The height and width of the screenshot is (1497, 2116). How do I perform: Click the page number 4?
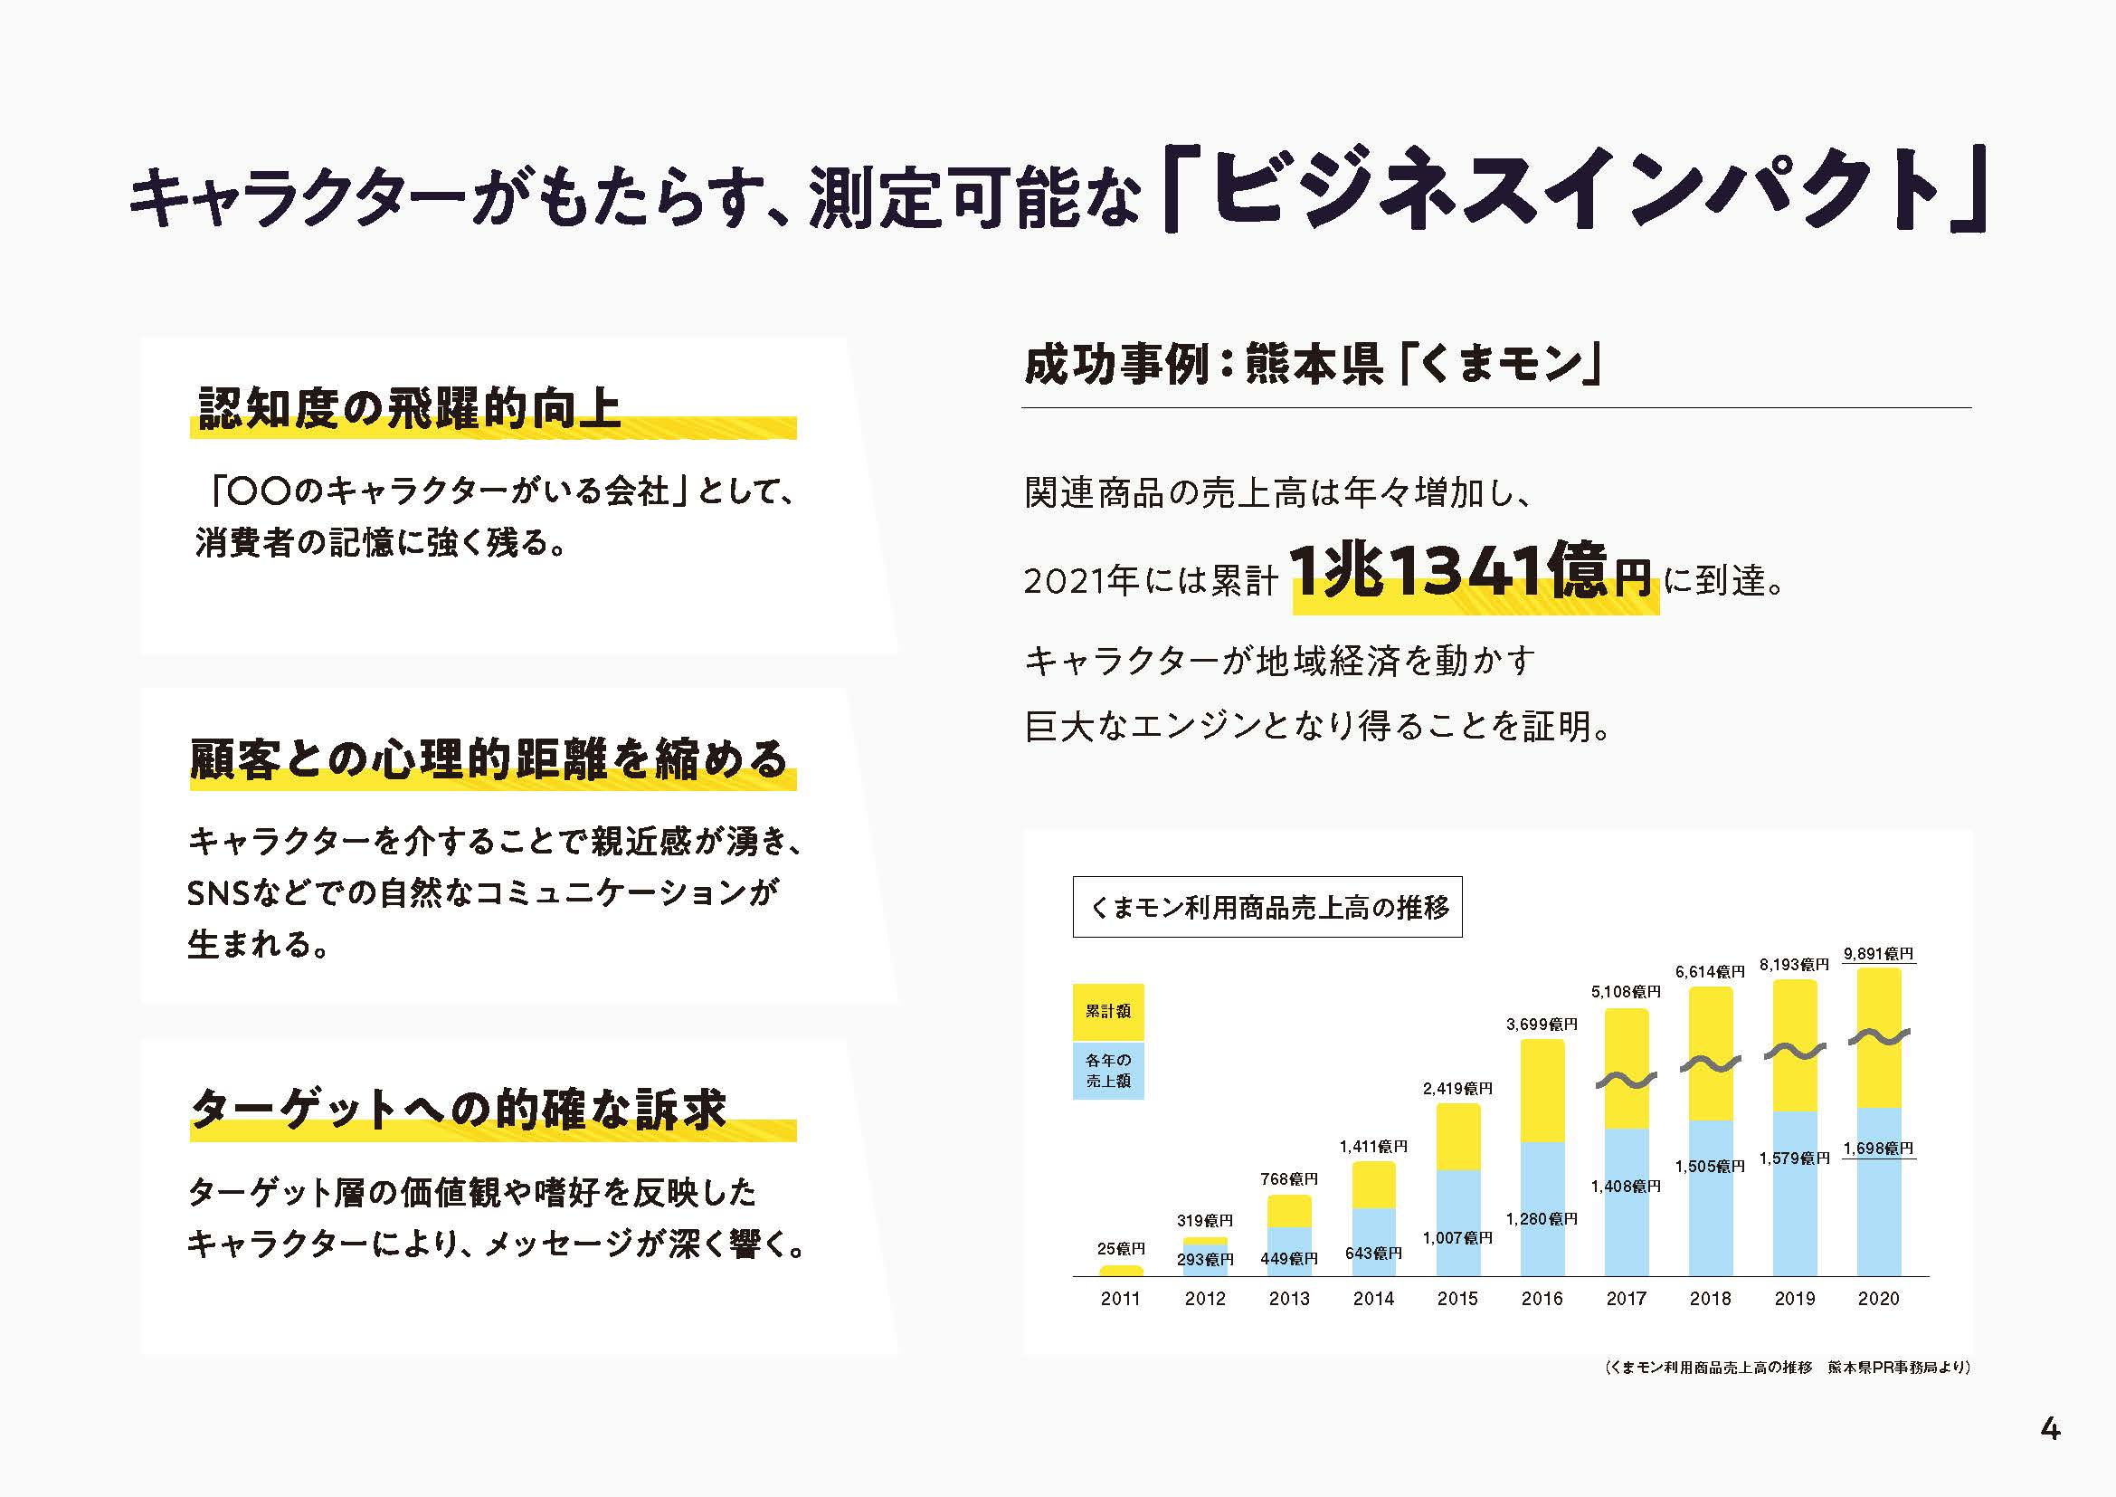click(x=2050, y=1429)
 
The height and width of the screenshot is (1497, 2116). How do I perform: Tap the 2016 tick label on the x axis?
click(x=1542, y=1299)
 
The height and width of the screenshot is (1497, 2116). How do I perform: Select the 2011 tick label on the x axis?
click(x=1121, y=1299)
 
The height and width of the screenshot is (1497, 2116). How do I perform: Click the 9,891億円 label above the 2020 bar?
click(x=1878, y=954)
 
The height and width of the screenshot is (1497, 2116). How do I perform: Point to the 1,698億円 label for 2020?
click(x=1878, y=1149)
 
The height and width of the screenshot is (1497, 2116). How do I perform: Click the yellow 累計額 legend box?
click(x=1108, y=1011)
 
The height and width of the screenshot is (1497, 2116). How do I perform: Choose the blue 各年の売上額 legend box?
click(x=1108, y=1070)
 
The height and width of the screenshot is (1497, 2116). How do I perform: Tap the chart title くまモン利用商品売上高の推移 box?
click(x=1267, y=907)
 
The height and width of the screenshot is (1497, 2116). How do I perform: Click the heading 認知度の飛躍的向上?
click(x=410, y=408)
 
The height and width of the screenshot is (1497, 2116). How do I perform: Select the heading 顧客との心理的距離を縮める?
click(x=489, y=759)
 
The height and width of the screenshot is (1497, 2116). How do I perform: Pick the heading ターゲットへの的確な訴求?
click(x=459, y=1110)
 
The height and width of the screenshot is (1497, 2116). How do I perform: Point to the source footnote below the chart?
click(x=1787, y=1367)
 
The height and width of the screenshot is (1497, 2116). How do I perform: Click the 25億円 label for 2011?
click(x=1121, y=1249)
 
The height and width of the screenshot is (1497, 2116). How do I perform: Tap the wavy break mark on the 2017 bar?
click(x=1627, y=1080)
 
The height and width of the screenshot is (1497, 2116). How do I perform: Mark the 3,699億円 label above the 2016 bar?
click(x=1542, y=1025)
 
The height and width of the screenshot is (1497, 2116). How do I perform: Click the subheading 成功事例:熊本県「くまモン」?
click(x=1314, y=365)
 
